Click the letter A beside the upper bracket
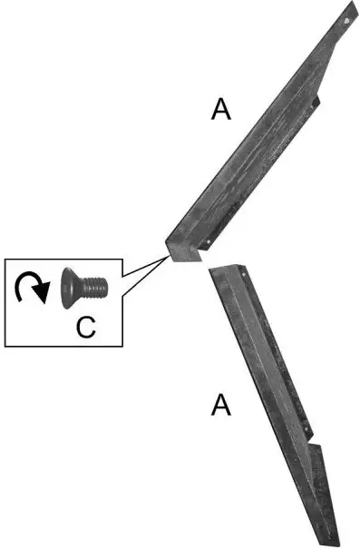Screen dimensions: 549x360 221,110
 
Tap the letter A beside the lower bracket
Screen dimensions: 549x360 220,405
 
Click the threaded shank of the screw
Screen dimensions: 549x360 93,288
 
